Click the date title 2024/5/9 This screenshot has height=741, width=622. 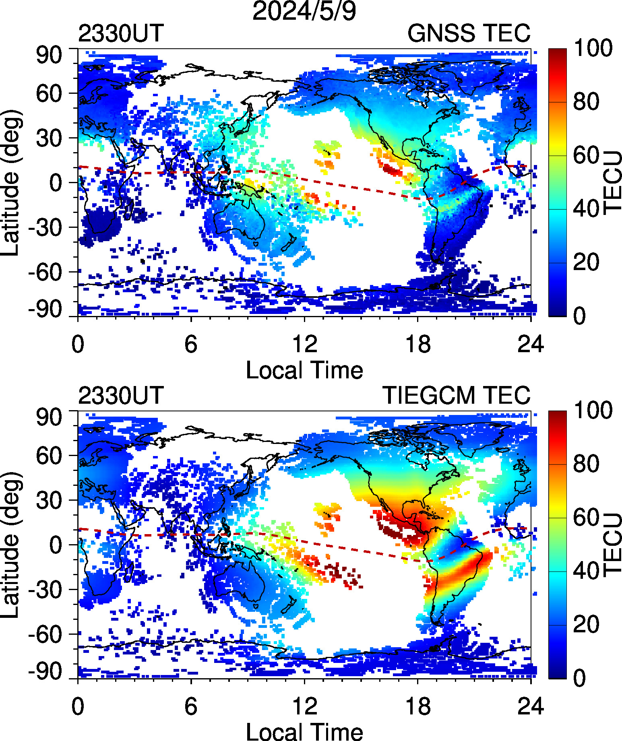[x=304, y=11]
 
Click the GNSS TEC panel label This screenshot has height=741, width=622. [x=469, y=33]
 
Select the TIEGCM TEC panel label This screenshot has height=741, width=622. [x=456, y=395]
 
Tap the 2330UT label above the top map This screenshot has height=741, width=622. [x=121, y=33]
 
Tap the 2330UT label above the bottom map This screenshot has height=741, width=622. [x=121, y=395]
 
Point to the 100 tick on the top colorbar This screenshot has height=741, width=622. [x=593, y=48]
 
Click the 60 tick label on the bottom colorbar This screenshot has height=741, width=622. [x=586, y=517]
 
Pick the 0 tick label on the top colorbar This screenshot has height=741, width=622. [x=580, y=316]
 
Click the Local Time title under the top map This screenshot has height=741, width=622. [x=304, y=370]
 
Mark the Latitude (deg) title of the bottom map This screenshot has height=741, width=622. [x=10, y=544]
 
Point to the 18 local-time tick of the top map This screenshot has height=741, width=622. [x=418, y=345]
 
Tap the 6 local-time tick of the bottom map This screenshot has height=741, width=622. [x=191, y=707]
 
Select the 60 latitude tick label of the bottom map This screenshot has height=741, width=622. [x=49, y=456]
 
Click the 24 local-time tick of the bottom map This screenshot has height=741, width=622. [x=531, y=707]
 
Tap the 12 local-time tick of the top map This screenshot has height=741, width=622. [x=304, y=345]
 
